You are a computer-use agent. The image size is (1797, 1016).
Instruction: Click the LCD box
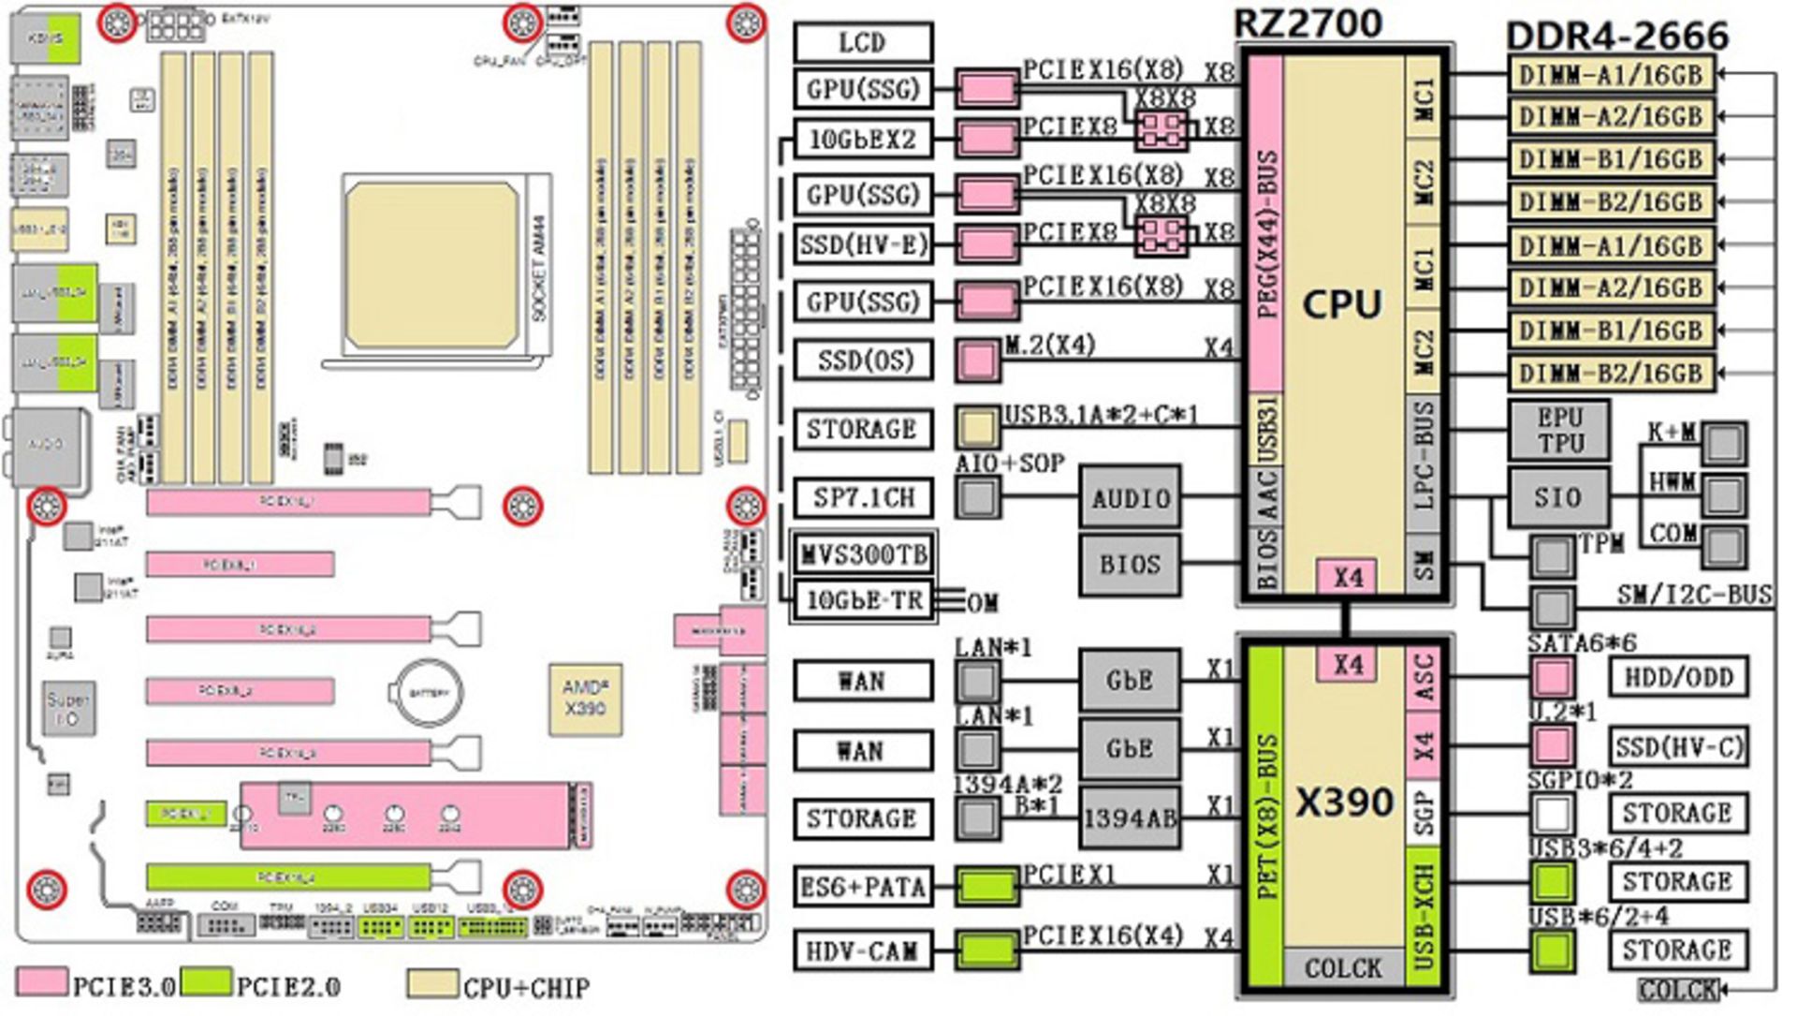[x=863, y=43]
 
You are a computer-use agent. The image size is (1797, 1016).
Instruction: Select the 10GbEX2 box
[x=863, y=140]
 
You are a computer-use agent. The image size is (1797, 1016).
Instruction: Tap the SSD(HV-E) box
[x=863, y=245]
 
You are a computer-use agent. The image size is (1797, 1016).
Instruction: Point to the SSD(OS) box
[x=863, y=361]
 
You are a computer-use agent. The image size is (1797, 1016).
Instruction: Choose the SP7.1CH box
[x=863, y=497]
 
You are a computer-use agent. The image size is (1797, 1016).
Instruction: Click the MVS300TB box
[x=863, y=554]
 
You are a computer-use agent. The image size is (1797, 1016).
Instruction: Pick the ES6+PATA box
[x=863, y=887]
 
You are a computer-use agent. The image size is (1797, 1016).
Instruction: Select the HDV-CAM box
[x=863, y=951]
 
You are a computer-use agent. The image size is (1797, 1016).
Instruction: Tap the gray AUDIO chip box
[x=1131, y=498]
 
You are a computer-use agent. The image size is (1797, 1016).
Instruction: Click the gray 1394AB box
[x=1129, y=818]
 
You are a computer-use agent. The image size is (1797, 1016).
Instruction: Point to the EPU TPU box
[x=1559, y=431]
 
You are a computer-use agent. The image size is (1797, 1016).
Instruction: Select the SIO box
[x=1557, y=498]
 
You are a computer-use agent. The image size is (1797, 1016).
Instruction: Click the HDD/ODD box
[x=1678, y=677]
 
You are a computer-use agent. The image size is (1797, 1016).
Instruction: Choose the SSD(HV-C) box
[x=1678, y=747]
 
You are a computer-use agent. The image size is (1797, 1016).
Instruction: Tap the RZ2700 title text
[x=1308, y=22]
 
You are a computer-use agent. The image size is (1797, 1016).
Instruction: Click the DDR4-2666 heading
[x=1617, y=36]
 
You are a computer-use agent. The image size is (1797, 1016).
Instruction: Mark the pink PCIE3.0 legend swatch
[x=42, y=982]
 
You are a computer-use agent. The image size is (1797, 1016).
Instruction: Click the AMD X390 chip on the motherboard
[x=585, y=699]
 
